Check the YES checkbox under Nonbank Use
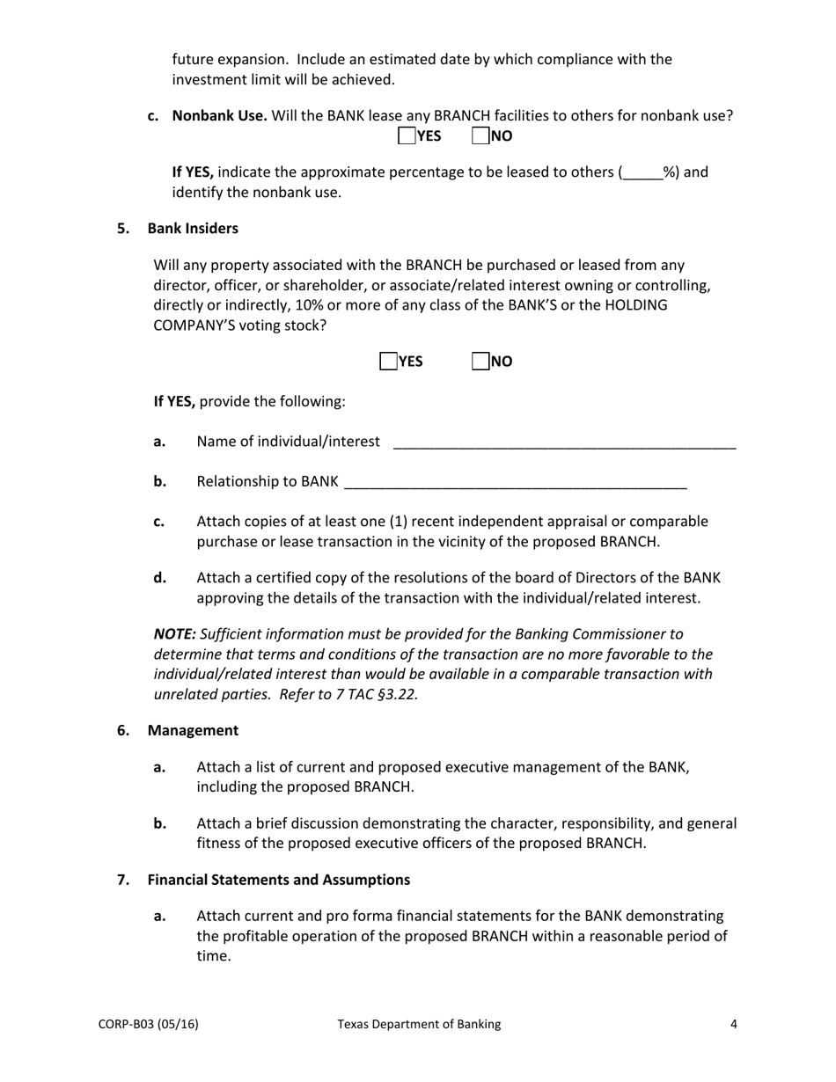pyautogui.click(x=407, y=135)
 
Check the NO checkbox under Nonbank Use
pyautogui.click(x=480, y=135)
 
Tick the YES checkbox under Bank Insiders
pyautogui.click(x=388, y=362)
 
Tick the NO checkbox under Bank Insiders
pyautogui.click(x=480, y=362)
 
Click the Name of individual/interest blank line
pyautogui.click(x=564, y=442)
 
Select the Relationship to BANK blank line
pyautogui.click(x=516, y=482)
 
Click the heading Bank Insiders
pyautogui.click(x=193, y=229)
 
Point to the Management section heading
pyautogui.click(x=193, y=730)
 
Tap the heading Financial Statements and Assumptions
pyautogui.click(x=278, y=880)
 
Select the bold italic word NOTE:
pyautogui.click(x=175, y=633)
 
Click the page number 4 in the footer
pyautogui.click(x=733, y=1024)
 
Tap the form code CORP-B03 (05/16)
pyautogui.click(x=148, y=1024)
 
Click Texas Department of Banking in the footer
pyautogui.click(x=419, y=1024)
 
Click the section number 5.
pyautogui.click(x=123, y=229)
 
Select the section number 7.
pyautogui.click(x=123, y=880)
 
